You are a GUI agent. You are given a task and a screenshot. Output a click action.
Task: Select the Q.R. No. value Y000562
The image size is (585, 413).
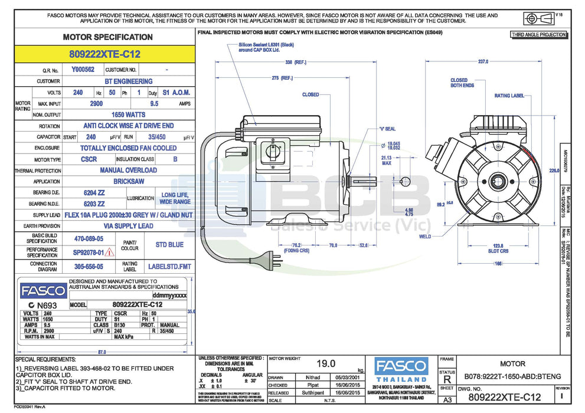(x=83, y=70)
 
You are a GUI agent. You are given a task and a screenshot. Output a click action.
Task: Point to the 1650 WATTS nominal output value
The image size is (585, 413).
(x=128, y=114)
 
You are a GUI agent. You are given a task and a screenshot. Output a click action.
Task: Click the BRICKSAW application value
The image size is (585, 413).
(x=128, y=182)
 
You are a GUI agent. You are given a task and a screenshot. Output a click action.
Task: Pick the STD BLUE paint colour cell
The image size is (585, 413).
(x=169, y=244)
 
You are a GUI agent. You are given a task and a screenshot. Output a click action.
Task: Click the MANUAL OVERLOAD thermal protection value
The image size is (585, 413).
(x=128, y=171)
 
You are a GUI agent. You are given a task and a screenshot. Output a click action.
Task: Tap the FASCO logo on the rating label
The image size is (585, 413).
(x=44, y=291)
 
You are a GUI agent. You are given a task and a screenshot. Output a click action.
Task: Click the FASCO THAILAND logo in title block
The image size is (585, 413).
(x=401, y=369)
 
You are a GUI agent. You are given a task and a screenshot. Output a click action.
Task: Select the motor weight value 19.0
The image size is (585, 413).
(x=326, y=364)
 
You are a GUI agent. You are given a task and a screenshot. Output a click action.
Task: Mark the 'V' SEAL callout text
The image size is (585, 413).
(x=387, y=129)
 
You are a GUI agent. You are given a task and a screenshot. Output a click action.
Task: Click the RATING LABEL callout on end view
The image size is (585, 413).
(x=509, y=96)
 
